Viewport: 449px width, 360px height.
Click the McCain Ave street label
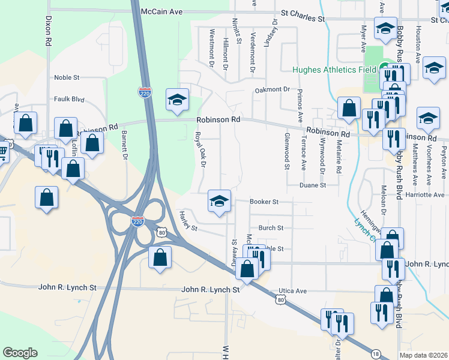(161, 11)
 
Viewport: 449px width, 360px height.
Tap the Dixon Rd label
(47, 31)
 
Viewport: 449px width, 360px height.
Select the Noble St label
(67, 77)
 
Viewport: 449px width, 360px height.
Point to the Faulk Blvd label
(68, 99)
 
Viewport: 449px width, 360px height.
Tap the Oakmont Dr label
(272, 89)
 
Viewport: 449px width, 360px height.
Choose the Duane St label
(313, 185)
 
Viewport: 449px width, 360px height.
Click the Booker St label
(264, 202)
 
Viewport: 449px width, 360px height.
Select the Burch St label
(270, 228)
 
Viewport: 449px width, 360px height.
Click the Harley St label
(188, 220)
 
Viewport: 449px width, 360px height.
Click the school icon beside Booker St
(220, 200)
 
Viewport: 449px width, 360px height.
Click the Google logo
(20, 353)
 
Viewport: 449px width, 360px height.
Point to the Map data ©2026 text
(423, 355)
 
